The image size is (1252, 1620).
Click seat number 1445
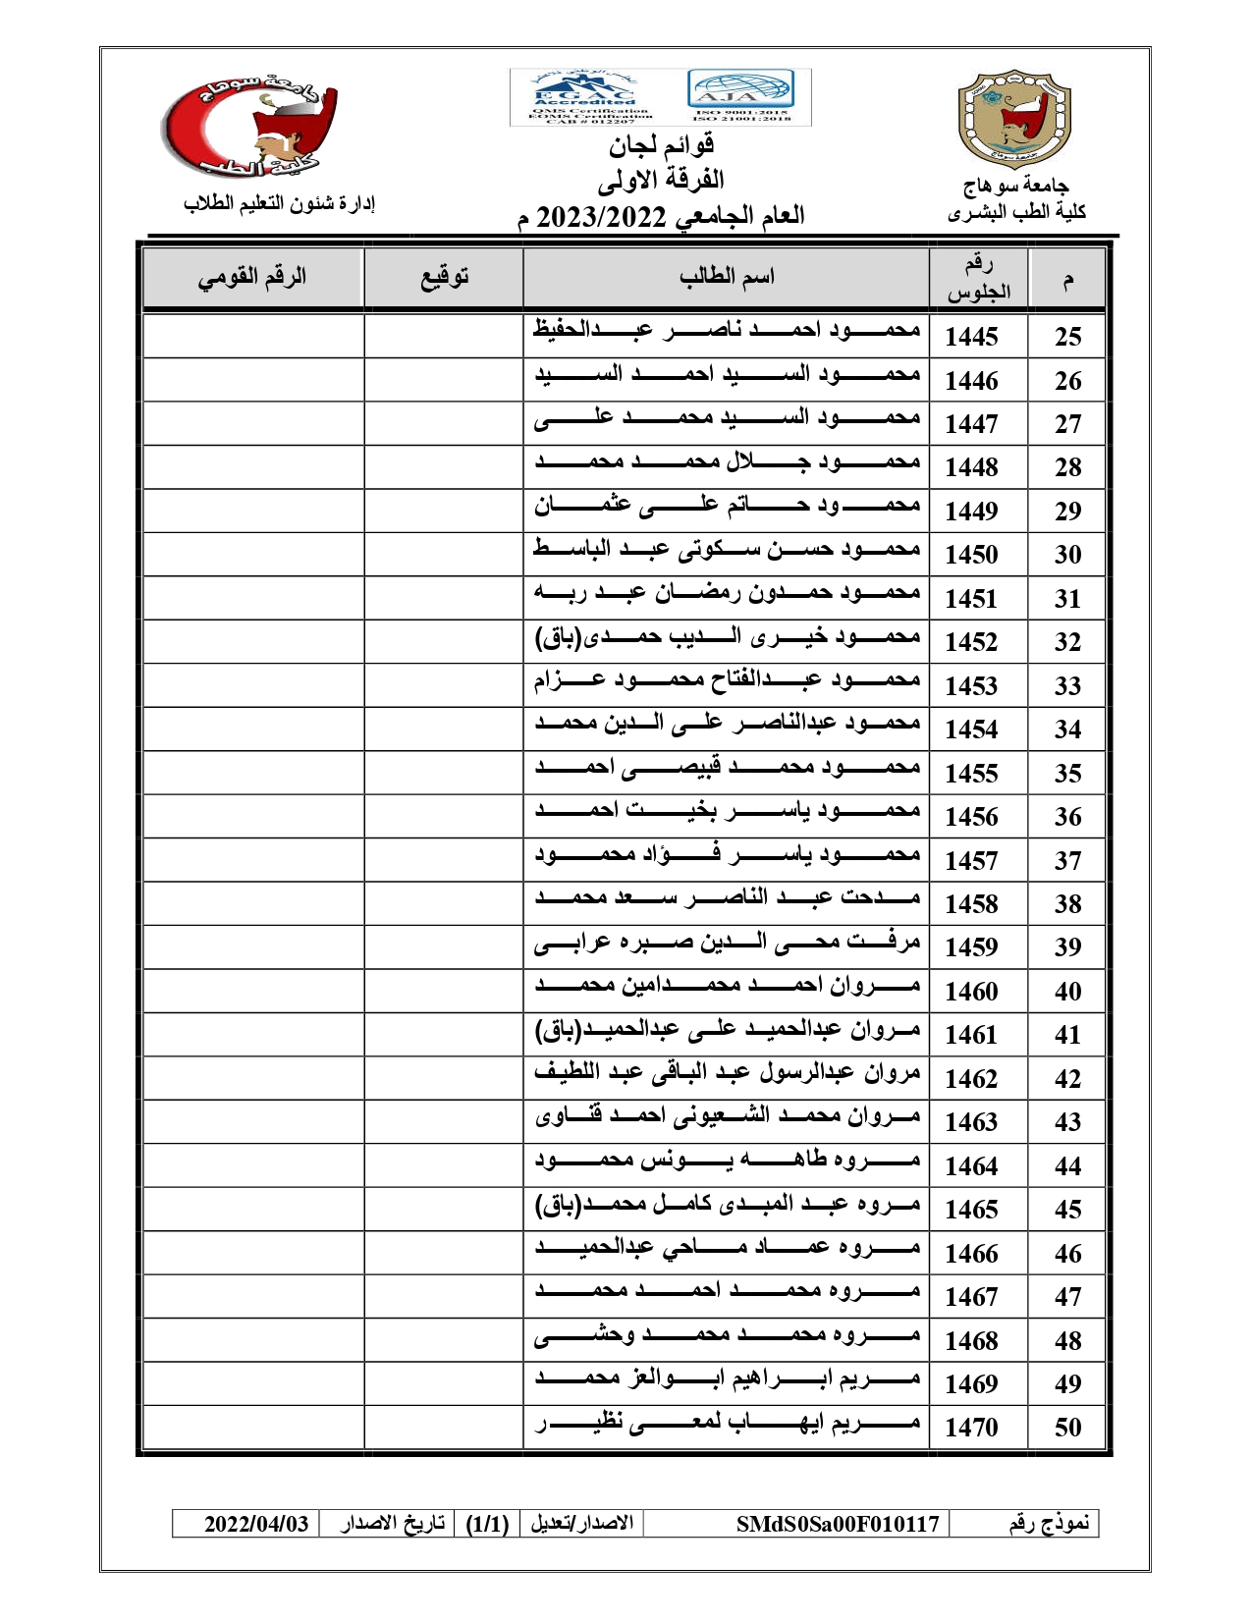[x=971, y=337]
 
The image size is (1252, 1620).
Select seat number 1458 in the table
[x=971, y=904]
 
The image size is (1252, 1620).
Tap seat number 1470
[x=971, y=1428]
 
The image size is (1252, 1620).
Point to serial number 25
[x=1067, y=337]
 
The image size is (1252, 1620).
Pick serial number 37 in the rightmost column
[x=1067, y=861]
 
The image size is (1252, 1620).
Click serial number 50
[x=1067, y=1428]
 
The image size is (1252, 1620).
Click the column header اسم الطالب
[x=727, y=277]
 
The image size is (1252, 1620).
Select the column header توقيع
[x=445, y=277]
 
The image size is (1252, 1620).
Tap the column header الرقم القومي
[x=252, y=277]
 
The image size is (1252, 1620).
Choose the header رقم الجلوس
[x=978, y=278]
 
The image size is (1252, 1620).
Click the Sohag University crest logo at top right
[x=1013, y=119]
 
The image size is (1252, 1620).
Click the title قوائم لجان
[x=660, y=146]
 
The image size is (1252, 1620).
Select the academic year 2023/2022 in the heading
[x=601, y=216]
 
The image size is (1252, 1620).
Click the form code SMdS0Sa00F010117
[x=838, y=1524]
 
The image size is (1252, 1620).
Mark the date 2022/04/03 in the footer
[x=256, y=1524]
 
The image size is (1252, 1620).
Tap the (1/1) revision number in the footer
[x=487, y=1524]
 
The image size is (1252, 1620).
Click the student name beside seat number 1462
[x=727, y=1073]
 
